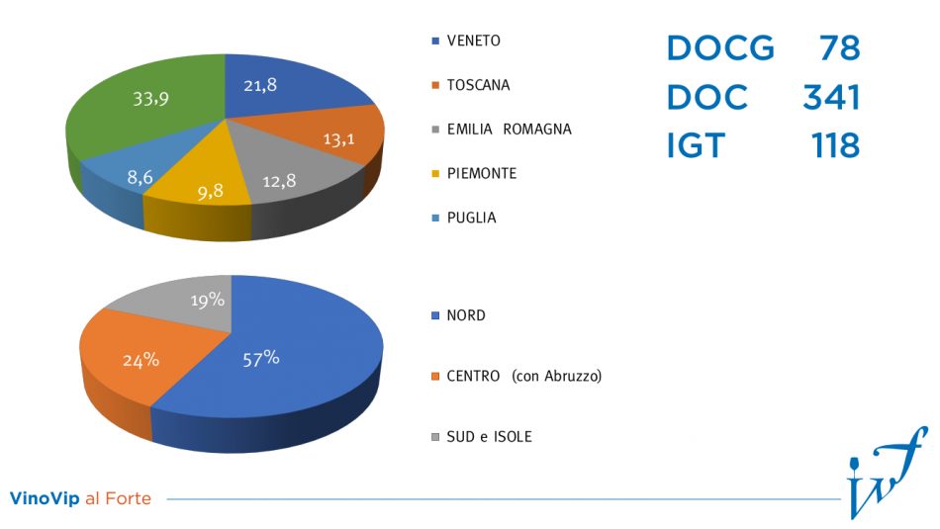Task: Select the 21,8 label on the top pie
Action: pos(260,85)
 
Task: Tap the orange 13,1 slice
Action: pos(338,139)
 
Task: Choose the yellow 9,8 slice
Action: pos(209,191)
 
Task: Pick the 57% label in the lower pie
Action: pos(261,358)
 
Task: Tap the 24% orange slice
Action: pos(141,360)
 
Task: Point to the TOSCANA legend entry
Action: pos(478,85)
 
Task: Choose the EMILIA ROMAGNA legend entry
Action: pos(509,129)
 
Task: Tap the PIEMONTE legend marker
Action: pos(436,173)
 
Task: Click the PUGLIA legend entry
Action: pos(471,217)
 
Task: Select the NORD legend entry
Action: pos(466,315)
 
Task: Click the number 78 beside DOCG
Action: pos(839,47)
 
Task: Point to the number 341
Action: pos(830,97)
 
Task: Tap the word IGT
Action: pos(695,145)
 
